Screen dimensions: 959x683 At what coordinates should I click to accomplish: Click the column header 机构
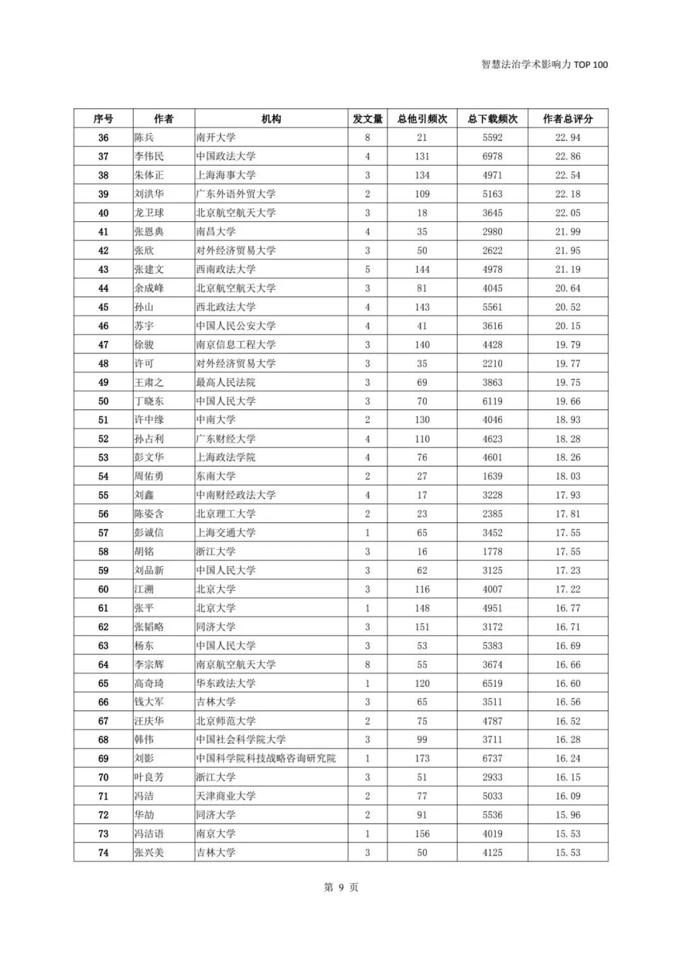coord(271,119)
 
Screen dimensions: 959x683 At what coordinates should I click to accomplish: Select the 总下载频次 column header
coord(493,119)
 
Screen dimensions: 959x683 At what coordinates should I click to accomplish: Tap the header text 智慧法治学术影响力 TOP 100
coord(544,65)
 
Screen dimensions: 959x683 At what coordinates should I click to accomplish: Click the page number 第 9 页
coord(341,888)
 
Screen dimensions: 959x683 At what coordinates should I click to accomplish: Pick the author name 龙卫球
coord(149,213)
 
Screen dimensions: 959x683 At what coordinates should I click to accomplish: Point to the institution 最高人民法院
coord(226,382)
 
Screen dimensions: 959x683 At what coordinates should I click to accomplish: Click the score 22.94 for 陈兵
coord(568,137)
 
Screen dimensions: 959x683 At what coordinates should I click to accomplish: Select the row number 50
coord(103,401)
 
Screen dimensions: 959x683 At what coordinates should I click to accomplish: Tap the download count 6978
coord(493,156)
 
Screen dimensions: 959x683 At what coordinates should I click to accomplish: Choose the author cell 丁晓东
coord(149,401)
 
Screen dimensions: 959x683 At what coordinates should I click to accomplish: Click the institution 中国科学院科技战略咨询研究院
coord(266,758)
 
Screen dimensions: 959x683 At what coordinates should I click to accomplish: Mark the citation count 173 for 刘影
coord(422,758)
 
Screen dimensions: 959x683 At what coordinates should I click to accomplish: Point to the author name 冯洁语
coord(149,834)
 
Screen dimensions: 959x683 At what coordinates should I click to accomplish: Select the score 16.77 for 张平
coord(568,608)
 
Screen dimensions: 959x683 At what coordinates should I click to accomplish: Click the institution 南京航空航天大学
coord(236,664)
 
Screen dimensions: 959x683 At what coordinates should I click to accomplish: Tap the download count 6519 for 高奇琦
coord(493,683)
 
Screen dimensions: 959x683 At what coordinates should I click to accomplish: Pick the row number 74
coord(103,853)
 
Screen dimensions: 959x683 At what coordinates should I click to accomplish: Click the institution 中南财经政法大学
coord(236,495)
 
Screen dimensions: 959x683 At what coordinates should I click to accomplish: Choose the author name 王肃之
coord(149,382)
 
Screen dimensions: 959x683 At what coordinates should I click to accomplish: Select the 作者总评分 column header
coord(568,119)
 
